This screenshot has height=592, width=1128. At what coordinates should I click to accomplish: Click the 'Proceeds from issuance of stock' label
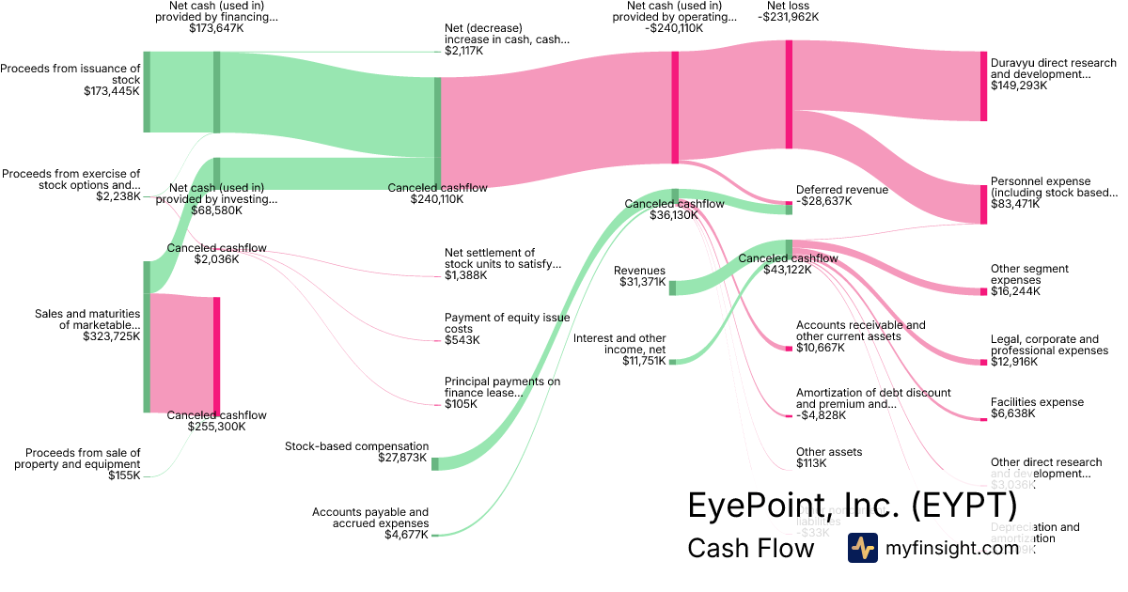click(70, 73)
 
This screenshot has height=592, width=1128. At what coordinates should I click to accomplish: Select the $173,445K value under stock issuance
click(112, 92)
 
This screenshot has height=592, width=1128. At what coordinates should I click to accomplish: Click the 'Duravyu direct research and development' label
click(1053, 69)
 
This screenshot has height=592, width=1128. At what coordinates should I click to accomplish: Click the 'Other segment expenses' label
click(1029, 274)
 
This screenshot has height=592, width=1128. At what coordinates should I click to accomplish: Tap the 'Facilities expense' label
click(1037, 402)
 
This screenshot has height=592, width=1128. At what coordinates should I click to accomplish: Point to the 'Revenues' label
click(639, 271)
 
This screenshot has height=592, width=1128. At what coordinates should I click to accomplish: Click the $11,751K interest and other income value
click(644, 361)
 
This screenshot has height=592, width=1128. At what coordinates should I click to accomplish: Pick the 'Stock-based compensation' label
click(356, 446)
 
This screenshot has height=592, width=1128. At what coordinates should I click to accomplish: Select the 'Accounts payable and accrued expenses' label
click(370, 518)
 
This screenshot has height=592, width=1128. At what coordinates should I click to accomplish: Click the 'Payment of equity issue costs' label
click(507, 323)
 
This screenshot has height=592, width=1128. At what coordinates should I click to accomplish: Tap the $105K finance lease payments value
click(461, 404)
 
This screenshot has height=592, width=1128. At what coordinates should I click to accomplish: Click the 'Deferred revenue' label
click(841, 190)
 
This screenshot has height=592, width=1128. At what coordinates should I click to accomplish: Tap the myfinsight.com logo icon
click(862, 548)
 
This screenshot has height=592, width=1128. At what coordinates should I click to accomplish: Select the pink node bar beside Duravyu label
click(983, 86)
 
